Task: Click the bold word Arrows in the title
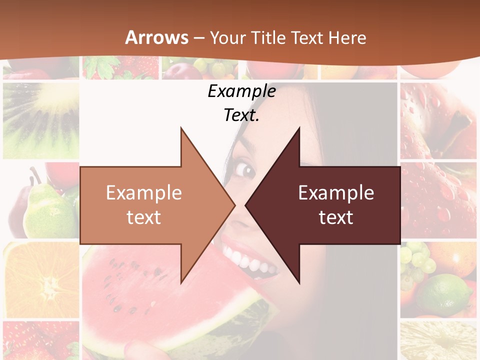pos(157,37)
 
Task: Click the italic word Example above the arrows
pos(241,91)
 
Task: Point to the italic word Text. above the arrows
pos(241,115)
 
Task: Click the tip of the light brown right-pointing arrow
pos(234,204)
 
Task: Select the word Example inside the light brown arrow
pos(144,193)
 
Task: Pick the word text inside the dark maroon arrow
pos(336,217)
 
